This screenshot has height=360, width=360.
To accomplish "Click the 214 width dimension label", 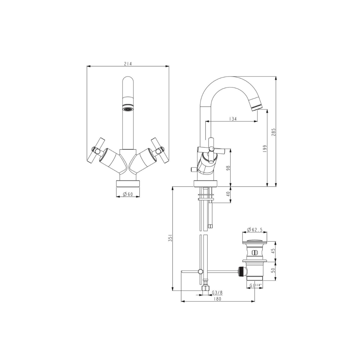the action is click(x=128, y=64).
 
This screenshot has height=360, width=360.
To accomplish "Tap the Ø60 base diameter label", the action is click(x=128, y=194).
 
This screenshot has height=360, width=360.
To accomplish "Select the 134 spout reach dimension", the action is click(x=233, y=119).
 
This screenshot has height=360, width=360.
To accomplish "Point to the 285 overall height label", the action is click(x=274, y=132).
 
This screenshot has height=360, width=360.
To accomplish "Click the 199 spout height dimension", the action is click(x=265, y=149).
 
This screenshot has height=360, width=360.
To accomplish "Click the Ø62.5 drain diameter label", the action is click(x=255, y=230).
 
